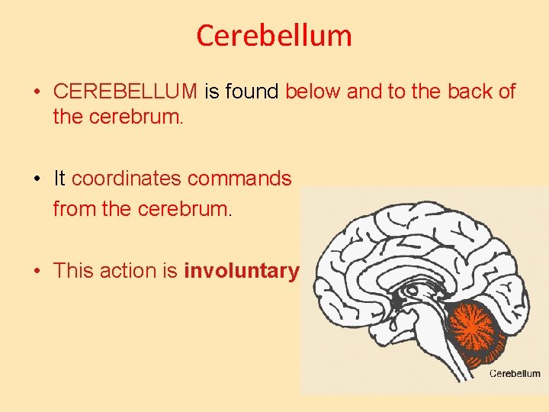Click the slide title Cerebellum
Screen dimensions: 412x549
[x=274, y=35]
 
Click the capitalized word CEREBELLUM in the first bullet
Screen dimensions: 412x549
[x=125, y=92]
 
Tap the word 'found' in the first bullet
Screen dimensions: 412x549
[x=252, y=92]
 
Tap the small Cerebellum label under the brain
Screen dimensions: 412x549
[x=515, y=373]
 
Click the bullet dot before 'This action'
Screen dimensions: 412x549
[x=37, y=271]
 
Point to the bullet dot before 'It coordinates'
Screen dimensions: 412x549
[x=37, y=179]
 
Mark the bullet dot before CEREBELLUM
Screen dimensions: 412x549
[x=37, y=93]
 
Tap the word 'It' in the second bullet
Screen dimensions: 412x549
[x=59, y=179]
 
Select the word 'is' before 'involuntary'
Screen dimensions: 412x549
[x=171, y=270]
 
